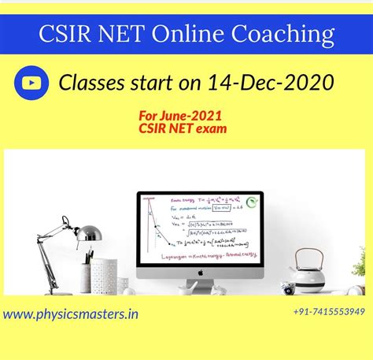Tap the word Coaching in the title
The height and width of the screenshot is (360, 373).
tap(285, 35)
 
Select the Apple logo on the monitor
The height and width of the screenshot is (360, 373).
tap(200, 272)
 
